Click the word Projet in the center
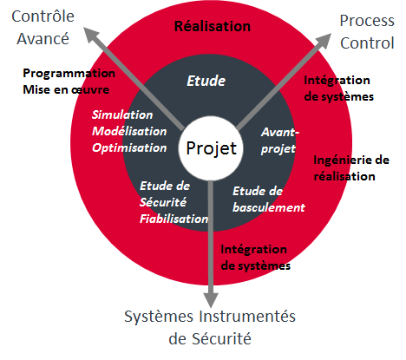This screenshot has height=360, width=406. coord(212,148)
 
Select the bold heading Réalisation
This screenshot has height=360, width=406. coord(213,26)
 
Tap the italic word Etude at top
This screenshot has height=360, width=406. coord(206,81)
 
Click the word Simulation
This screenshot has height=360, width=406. coord(122,115)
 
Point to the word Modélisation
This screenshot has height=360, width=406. coord(129,131)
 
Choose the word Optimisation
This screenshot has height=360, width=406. coord(129,148)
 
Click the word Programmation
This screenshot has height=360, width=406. coord(69,74)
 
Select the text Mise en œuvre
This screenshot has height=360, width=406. coord(66,89)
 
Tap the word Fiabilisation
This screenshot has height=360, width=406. coord(174,219)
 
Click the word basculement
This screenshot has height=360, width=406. coord(269,207)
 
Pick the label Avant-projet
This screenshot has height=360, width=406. coord(279,141)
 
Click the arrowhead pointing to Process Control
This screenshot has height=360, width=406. coord(324,41)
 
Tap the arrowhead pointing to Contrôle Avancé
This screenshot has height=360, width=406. coord(91,36)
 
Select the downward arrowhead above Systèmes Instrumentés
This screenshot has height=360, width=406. coord(211,300)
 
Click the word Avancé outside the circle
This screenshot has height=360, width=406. coord(43,39)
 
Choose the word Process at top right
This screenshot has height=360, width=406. coord(367,21)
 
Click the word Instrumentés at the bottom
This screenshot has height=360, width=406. coord(246,317)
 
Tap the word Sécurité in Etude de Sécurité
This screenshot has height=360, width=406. coord(163,202)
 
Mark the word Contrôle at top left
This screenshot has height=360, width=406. coord(43,16)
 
